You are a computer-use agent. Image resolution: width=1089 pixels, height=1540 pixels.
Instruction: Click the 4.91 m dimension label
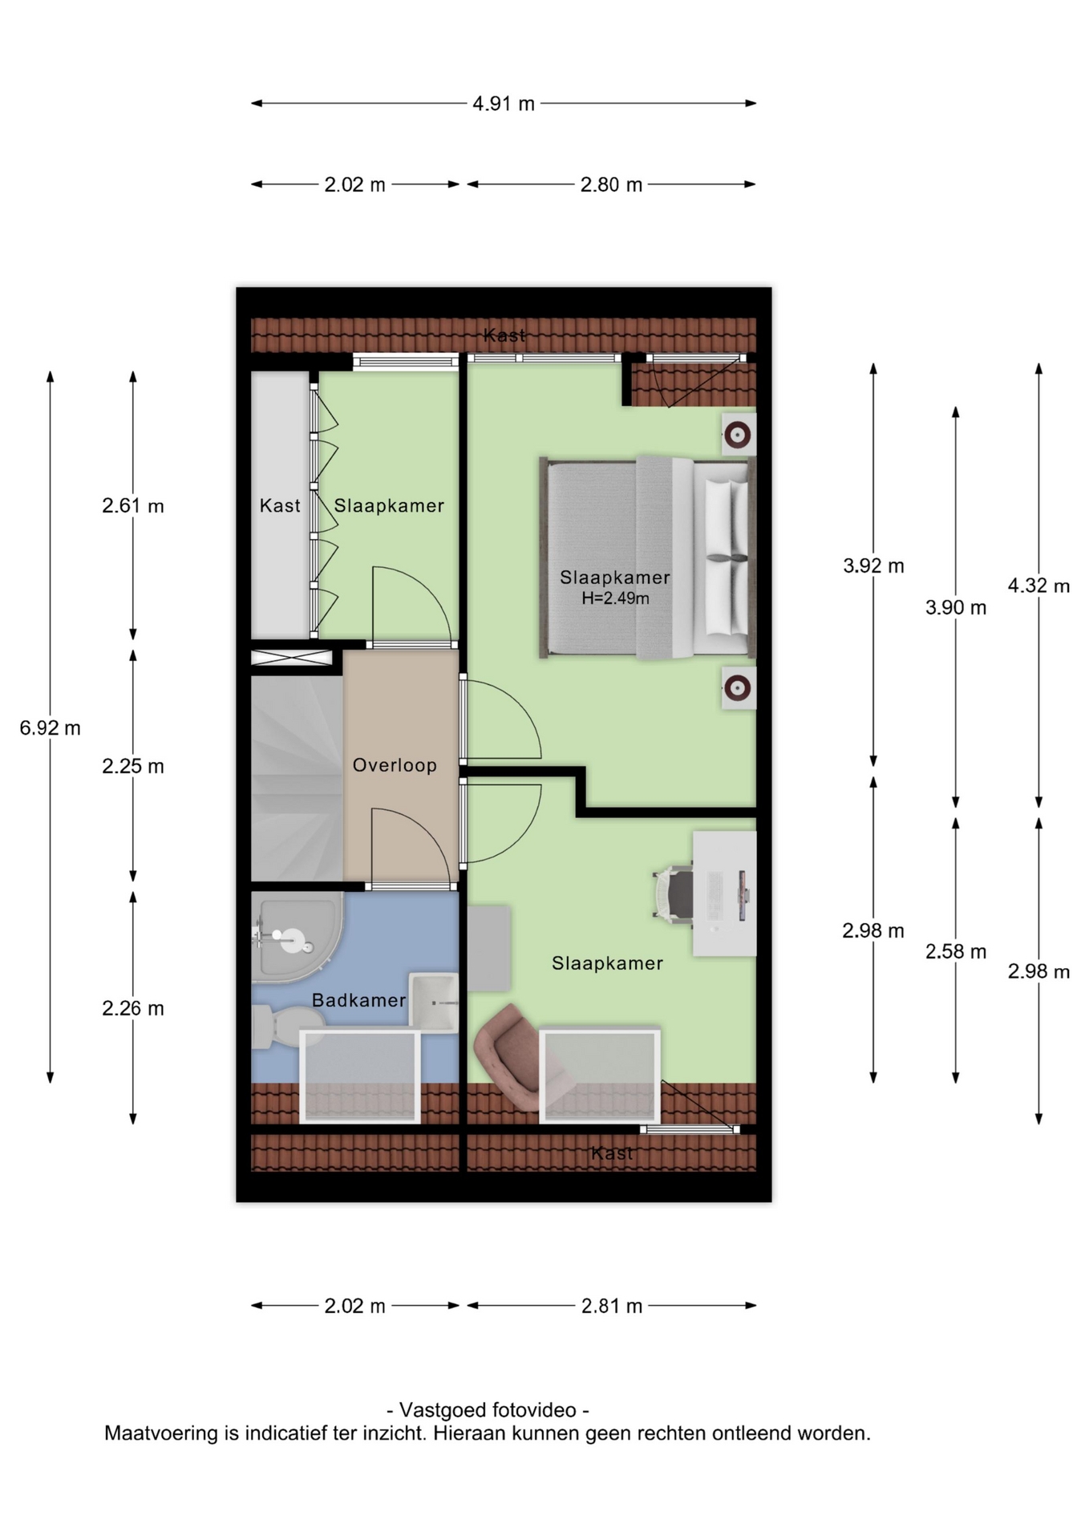(504, 103)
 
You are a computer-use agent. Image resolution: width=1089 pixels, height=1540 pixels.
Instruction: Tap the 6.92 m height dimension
(50, 728)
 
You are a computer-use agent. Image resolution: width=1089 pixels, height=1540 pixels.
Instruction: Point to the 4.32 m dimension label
(1038, 586)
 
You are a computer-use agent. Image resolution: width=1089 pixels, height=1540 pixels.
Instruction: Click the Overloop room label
(395, 765)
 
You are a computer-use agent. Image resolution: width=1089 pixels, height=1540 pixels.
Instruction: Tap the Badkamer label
(358, 1000)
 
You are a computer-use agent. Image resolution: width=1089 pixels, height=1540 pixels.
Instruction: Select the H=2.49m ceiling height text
(615, 598)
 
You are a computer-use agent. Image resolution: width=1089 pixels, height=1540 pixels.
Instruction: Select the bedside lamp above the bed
(738, 435)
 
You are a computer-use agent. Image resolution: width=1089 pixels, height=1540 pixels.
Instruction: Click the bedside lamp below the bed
(738, 687)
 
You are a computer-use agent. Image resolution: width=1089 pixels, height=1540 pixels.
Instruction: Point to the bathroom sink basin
(434, 1002)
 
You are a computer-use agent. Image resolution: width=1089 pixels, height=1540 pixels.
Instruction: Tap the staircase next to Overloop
(297, 779)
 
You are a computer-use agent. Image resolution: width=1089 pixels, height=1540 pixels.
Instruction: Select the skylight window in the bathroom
(360, 1076)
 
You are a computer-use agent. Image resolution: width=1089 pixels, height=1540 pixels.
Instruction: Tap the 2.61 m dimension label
(133, 506)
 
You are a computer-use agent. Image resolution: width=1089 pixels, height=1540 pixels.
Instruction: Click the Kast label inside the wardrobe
(280, 505)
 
